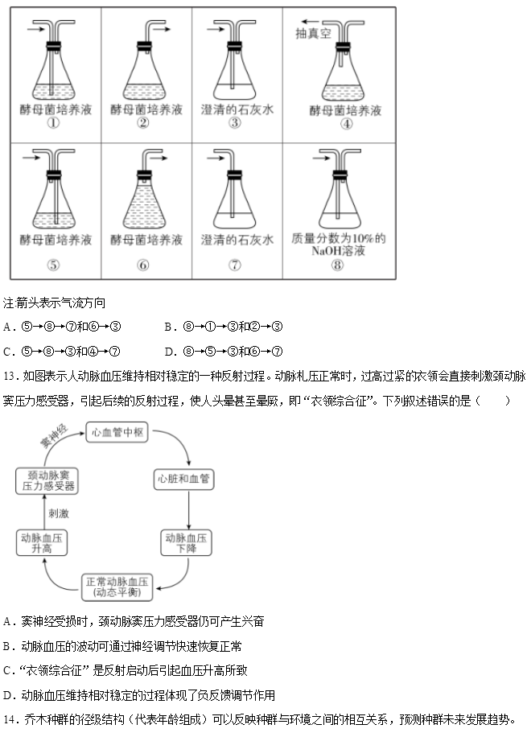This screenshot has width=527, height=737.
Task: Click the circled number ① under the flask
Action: click(x=55, y=123)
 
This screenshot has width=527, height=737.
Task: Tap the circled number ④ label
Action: click(x=346, y=124)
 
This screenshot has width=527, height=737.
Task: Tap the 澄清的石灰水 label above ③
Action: click(x=237, y=109)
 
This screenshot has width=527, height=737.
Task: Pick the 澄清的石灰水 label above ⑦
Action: click(x=237, y=239)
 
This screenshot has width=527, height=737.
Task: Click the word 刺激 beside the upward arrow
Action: click(x=59, y=513)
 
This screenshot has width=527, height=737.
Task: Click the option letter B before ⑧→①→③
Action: click(x=167, y=327)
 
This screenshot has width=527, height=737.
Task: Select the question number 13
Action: click(x=10, y=376)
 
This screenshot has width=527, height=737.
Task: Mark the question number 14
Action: click(x=10, y=718)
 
